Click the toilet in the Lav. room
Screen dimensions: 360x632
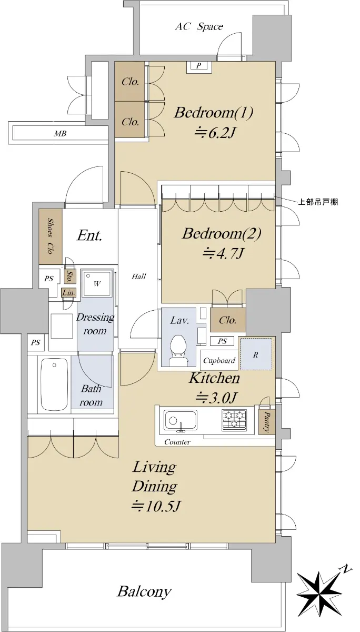point(178,350)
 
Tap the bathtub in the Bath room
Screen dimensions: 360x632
point(55,385)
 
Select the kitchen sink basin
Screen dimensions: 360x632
point(181,420)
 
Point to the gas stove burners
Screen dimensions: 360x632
point(234,420)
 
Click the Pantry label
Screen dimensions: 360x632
point(267,421)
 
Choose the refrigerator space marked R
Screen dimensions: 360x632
point(256,354)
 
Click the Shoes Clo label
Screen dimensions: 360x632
point(50,235)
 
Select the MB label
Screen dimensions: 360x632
point(60,133)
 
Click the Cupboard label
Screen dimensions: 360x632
point(219,361)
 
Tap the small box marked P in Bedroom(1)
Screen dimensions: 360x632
point(199,66)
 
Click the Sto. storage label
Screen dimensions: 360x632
point(68,276)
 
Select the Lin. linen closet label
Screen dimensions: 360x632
point(68,293)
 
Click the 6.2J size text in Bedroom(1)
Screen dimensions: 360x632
point(215,133)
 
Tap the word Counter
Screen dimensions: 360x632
point(177,442)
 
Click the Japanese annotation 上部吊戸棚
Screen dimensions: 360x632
point(318,202)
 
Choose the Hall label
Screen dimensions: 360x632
point(139,276)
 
